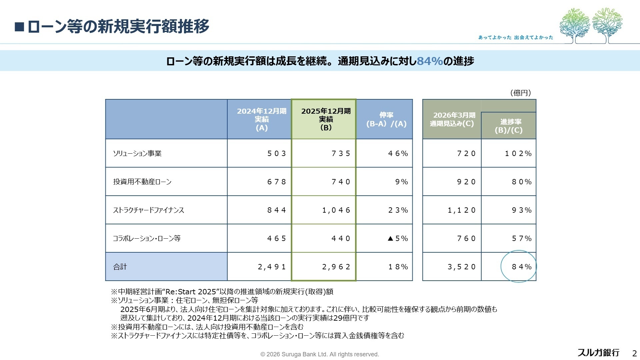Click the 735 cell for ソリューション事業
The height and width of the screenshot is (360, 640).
pyautogui.click(x=341, y=153)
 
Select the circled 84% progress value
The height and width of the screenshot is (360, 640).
pyautogui.click(x=521, y=267)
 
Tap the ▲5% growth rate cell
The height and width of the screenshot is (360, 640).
pyautogui.click(x=398, y=238)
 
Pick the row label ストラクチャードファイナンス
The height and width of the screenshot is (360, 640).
pyautogui.click(x=148, y=210)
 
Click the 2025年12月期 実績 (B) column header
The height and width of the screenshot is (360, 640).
pyautogui.click(x=326, y=119)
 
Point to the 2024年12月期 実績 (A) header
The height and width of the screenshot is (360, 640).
pyautogui.click(x=261, y=119)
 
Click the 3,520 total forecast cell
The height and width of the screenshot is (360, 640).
pyautogui.click(x=461, y=267)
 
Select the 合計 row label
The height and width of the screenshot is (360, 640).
pyautogui.click(x=120, y=267)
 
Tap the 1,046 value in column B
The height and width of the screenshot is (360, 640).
pyautogui.click(x=336, y=210)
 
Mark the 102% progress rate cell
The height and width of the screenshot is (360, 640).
pyautogui.click(x=518, y=153)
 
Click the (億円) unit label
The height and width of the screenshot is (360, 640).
pyautogui.click(x=520, y=93)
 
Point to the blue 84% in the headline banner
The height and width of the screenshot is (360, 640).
pyautogui.click(x=430, y=61)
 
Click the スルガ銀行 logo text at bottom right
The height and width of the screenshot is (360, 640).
pyautogui.click(x=598, y=353)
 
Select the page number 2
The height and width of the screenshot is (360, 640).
pyautogui.click(x=634, y=353)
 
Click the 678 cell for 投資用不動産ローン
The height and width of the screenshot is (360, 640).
pyautogui.click(x=276, y=182)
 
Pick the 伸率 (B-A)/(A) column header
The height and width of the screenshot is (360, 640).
pyautogui.click(x=386, y=119)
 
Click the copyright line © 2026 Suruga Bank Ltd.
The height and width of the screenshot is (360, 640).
pyautogui.click(x=319, y=354)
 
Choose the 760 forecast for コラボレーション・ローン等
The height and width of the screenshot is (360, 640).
pyautogui.click(x=466, y=238)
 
